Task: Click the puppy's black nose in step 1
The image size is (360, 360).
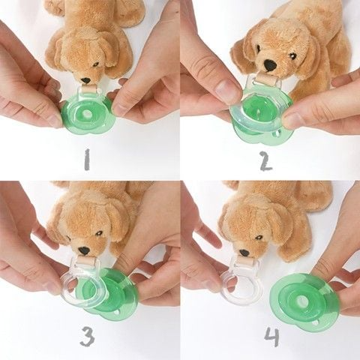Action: [86, 80]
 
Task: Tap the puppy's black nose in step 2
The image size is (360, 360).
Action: [271, 65]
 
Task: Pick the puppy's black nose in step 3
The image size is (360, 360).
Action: [84, 250]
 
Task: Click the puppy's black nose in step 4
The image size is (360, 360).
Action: [244, 253]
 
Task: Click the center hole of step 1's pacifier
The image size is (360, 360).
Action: [87, 114]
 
